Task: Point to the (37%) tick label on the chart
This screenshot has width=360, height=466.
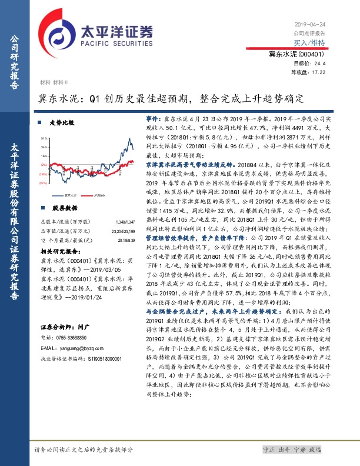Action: pos(44,183)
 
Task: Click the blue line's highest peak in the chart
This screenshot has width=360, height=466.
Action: pos(129,139)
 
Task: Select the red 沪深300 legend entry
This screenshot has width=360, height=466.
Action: pos(100,193)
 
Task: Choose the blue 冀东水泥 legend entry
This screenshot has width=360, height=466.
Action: pos(68,193)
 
